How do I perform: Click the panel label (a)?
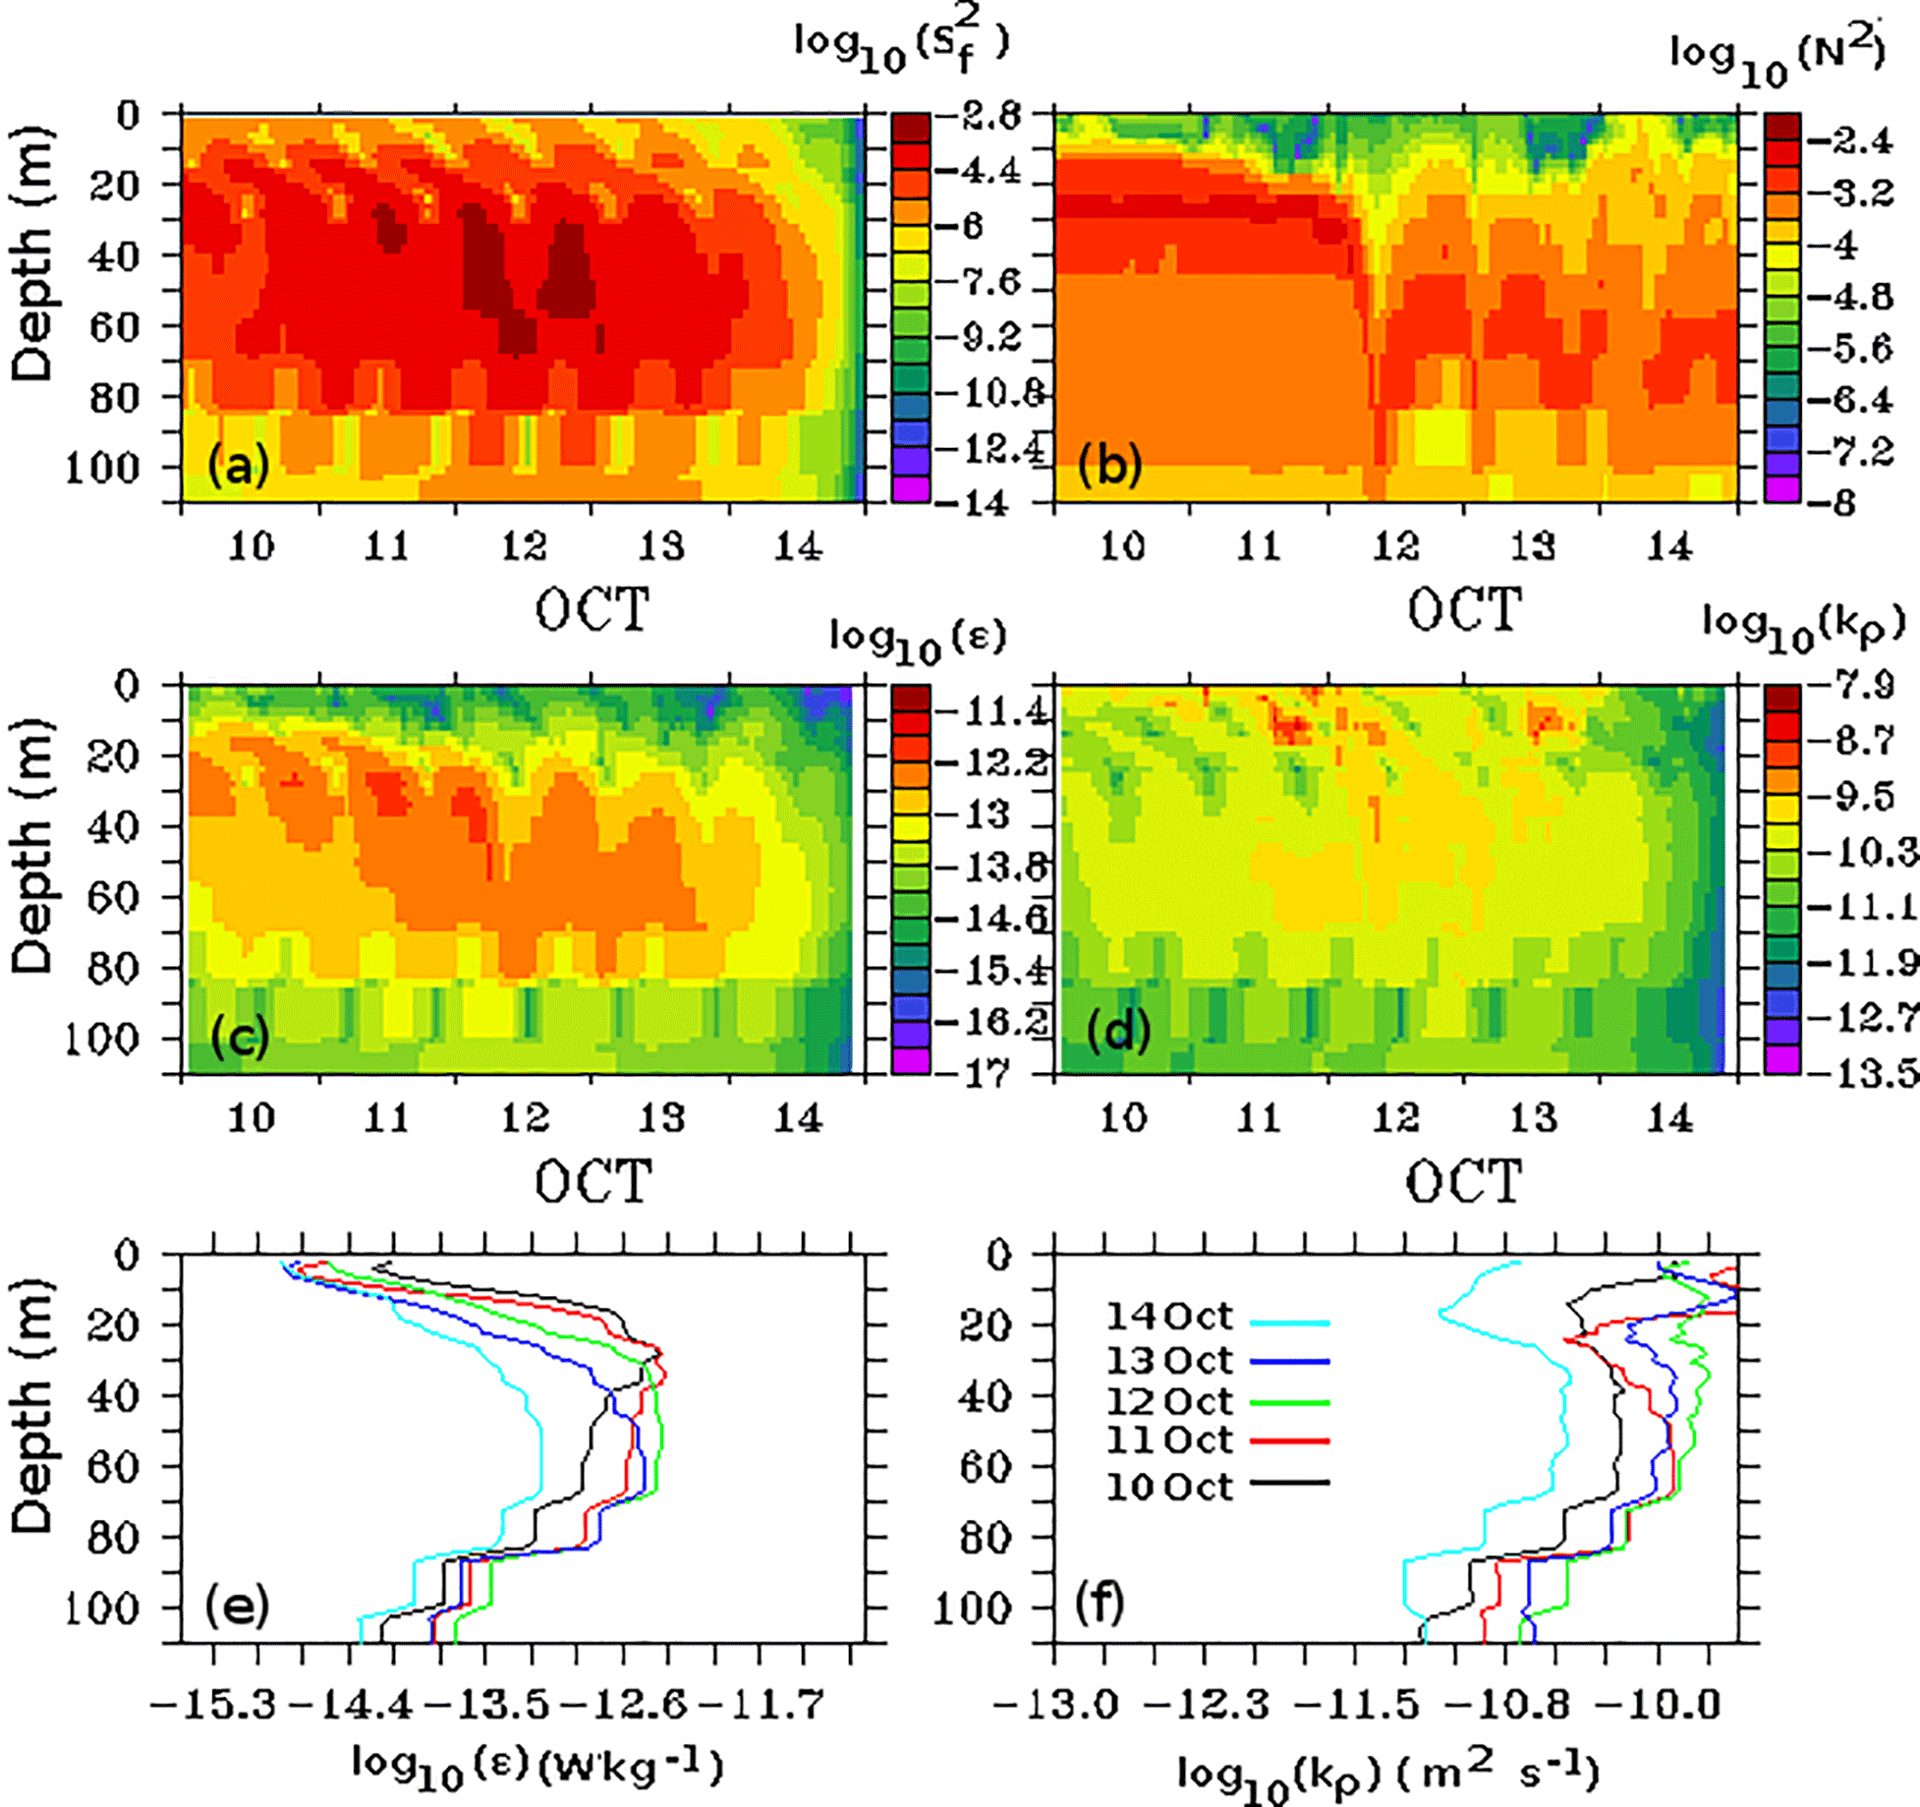[x=238, y=465]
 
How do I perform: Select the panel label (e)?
[x=237, y=1606]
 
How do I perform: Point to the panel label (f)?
[x=1100, y=1604]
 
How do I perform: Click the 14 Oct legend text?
[x=1169, y=1317]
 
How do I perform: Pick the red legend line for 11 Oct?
[x=1290, y=1441]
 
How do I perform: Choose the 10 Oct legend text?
[x=1169, y=1487]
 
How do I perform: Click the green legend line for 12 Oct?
[x=1290, y=1403]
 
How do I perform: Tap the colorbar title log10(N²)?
[x=1779, y=54]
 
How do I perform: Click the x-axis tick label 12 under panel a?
[x=524, y=546]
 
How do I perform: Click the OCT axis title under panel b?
[x=1464, y=611]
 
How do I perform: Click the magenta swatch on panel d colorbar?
[x=1782, y=1059]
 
